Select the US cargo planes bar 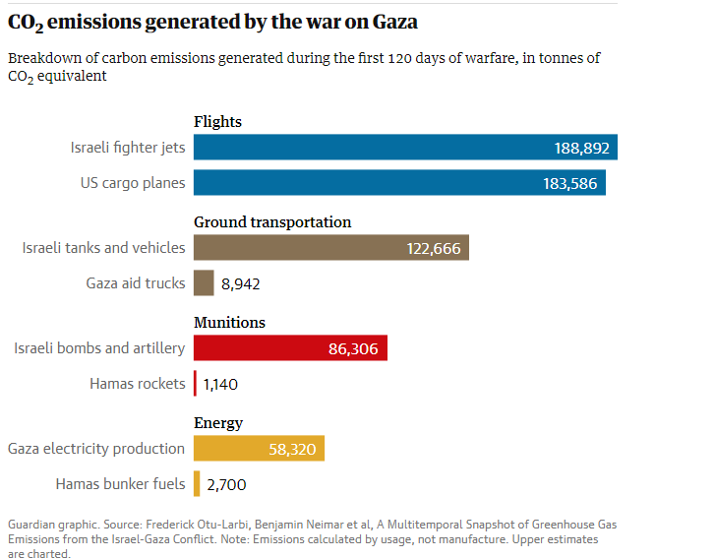coord(399,183)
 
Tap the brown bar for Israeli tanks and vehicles coord(330,248)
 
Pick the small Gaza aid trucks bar coord(204,283)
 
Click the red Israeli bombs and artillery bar coord(290,347)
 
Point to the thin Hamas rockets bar coord(196,383)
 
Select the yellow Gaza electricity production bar coord(259,449)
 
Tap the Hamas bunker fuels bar coord(197,483)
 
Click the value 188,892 coord(582,149)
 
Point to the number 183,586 coord(570,184)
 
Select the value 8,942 coord(241,284)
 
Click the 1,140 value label coord(220,384)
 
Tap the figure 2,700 coord(226,484)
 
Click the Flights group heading coord(217,122)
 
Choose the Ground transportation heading coord(272,222)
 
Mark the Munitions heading coord(229,323)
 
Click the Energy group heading coord(218,423)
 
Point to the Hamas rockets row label coord(137,383)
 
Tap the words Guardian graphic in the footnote coord(50,525)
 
